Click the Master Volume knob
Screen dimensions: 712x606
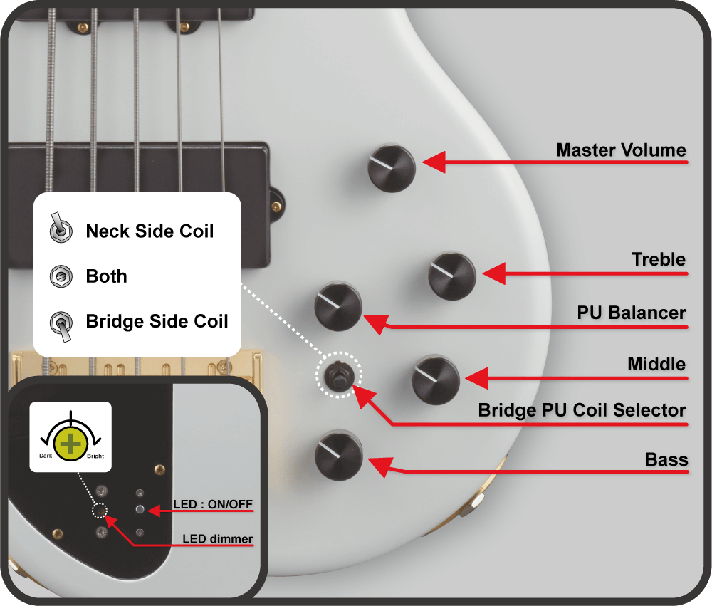tap(391, 168)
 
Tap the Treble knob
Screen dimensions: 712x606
tap(452, 276)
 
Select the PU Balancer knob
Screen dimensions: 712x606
tap(338, 306)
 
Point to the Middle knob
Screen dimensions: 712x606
tap(436, 380)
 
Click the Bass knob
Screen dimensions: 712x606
tap(339, 456)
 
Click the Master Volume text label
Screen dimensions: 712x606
tap(621, 150)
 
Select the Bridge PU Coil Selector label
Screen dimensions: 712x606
tap(582, 410)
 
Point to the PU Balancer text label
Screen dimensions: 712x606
tap(631, 313)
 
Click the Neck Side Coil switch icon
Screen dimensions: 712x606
tap(61, 228)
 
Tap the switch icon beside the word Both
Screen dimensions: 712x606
tap(61, 276)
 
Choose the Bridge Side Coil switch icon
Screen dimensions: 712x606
tap(61, 325)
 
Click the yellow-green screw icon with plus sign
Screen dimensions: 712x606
tap(70, 444)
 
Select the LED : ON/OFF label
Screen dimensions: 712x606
tap(212, 504)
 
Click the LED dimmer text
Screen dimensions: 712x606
tap(217, 539)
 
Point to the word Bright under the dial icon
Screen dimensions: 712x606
tap(95, 456)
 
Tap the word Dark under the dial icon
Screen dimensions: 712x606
tap(46, 456)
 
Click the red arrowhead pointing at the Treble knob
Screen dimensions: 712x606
tap(494, 273)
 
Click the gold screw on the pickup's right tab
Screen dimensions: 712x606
tap(276, 207)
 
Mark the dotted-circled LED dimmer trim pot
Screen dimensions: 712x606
tap(100, 511)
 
